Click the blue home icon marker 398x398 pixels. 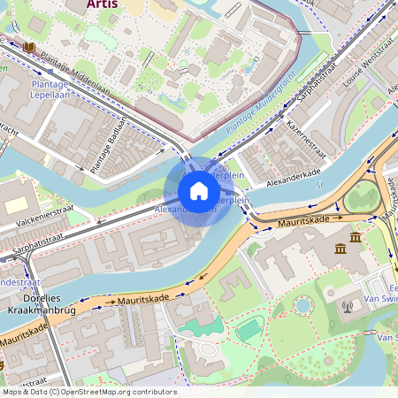199,191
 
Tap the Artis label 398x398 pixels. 104,4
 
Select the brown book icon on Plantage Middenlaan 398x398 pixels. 29,46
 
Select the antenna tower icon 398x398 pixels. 347,307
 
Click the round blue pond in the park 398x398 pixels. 302,305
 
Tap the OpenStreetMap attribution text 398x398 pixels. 88,392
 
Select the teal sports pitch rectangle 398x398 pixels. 249,330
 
